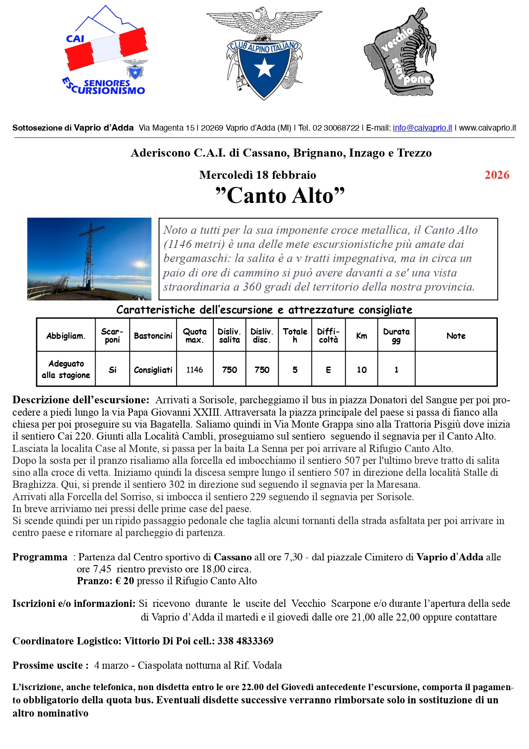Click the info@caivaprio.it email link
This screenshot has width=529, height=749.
click(x=422, y=128)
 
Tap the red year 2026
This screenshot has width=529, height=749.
click(x=497, y=175)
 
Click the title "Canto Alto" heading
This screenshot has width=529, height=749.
click(x=280, y=196)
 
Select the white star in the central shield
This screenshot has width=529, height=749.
click(x=264, y=67)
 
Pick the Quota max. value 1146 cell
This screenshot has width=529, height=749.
click(x=195, y=370)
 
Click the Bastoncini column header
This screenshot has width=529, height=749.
click(x=153, y=336)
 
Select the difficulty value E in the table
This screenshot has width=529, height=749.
click(x=328, y=370)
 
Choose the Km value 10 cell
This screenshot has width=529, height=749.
click(x=362, y=370)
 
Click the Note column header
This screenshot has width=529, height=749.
click(x=456, y=336)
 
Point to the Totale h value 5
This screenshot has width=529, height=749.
click(x=295, y=370)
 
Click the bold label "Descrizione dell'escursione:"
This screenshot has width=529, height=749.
click(x=81, y=400)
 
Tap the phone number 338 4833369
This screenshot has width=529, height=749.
click(x=245, y=641)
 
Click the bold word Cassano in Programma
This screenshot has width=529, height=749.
click(x=233, y=557)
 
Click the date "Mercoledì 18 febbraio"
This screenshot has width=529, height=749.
click(x=258, y=175)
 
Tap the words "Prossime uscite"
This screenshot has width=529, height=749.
click(x=50, y=665)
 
